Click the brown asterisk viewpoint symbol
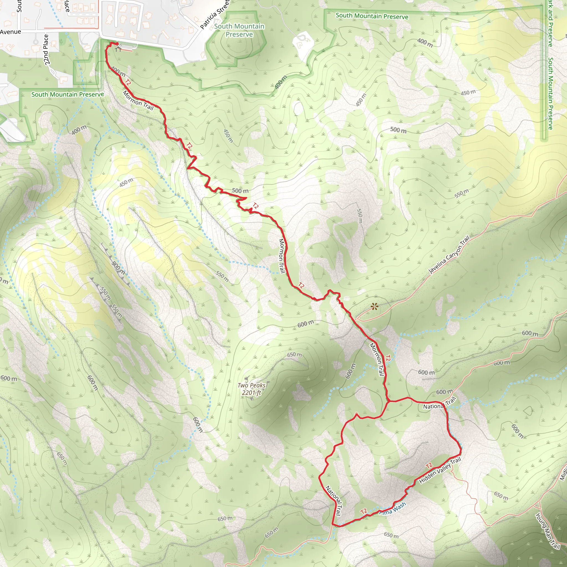coord(374,307)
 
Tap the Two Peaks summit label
coord(251,385)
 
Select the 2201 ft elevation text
coord(251,393)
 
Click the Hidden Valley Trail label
coord(440,471)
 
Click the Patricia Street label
coord(215,15)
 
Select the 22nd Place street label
coord(46,49)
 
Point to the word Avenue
coord(11,32)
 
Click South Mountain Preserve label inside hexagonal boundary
coord(239,30)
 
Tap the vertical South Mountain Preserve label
coord(551,93)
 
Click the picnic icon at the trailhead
coord(118,48)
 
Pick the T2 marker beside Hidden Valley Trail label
coord(429,465)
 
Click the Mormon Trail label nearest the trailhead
coord(138,100)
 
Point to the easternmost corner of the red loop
coord(461,449)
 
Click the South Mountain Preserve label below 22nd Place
coord(68,94)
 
